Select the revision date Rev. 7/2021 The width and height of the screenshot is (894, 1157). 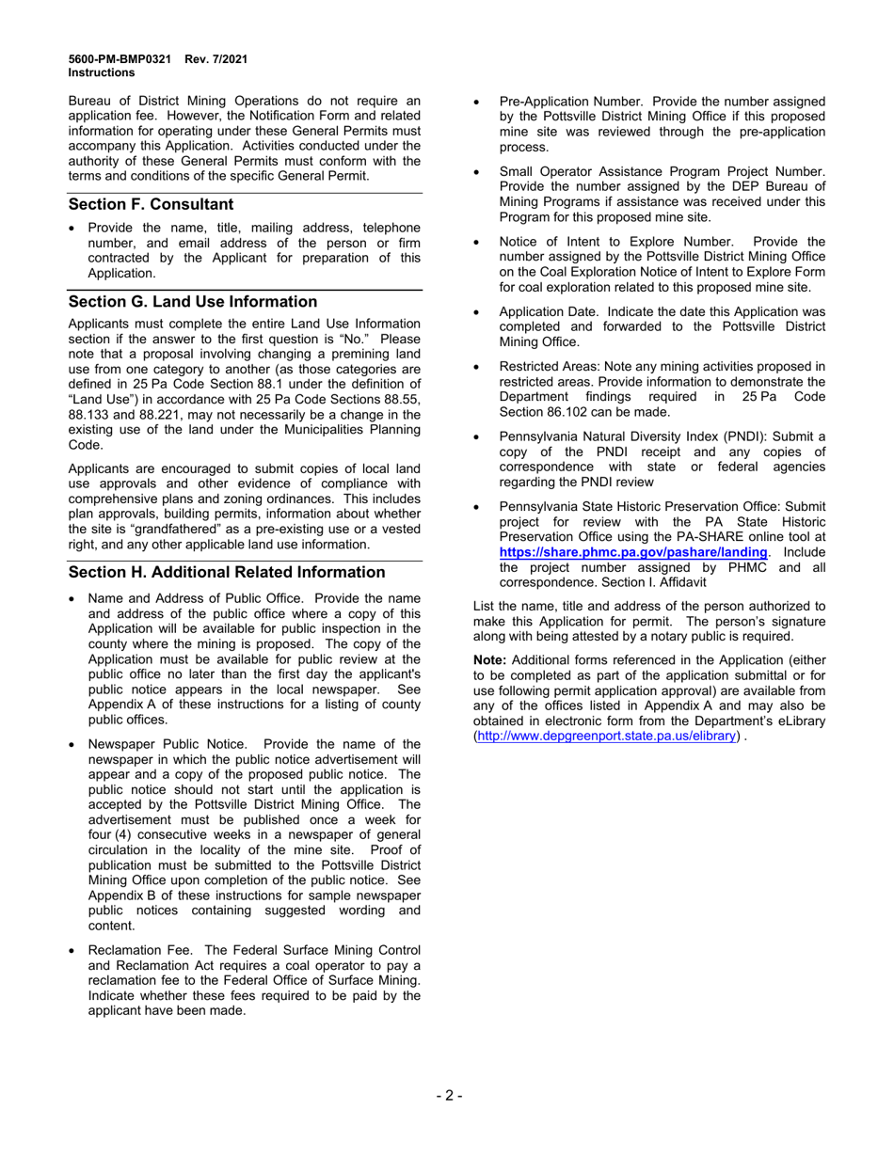(216, 59)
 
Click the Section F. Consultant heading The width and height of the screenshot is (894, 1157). (151, 204)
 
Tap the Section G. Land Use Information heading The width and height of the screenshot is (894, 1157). (193, 301)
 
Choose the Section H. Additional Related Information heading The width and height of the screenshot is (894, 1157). (227, 572)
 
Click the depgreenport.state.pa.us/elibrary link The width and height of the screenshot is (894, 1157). (606, 736)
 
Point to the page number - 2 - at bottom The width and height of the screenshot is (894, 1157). (448, 1095)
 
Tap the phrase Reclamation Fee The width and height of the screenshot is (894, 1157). (141, 950)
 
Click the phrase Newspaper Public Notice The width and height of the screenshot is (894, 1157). (169, 744)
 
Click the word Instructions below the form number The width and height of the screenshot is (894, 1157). (102, 72)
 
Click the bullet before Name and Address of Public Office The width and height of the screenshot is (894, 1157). (74, 598)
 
